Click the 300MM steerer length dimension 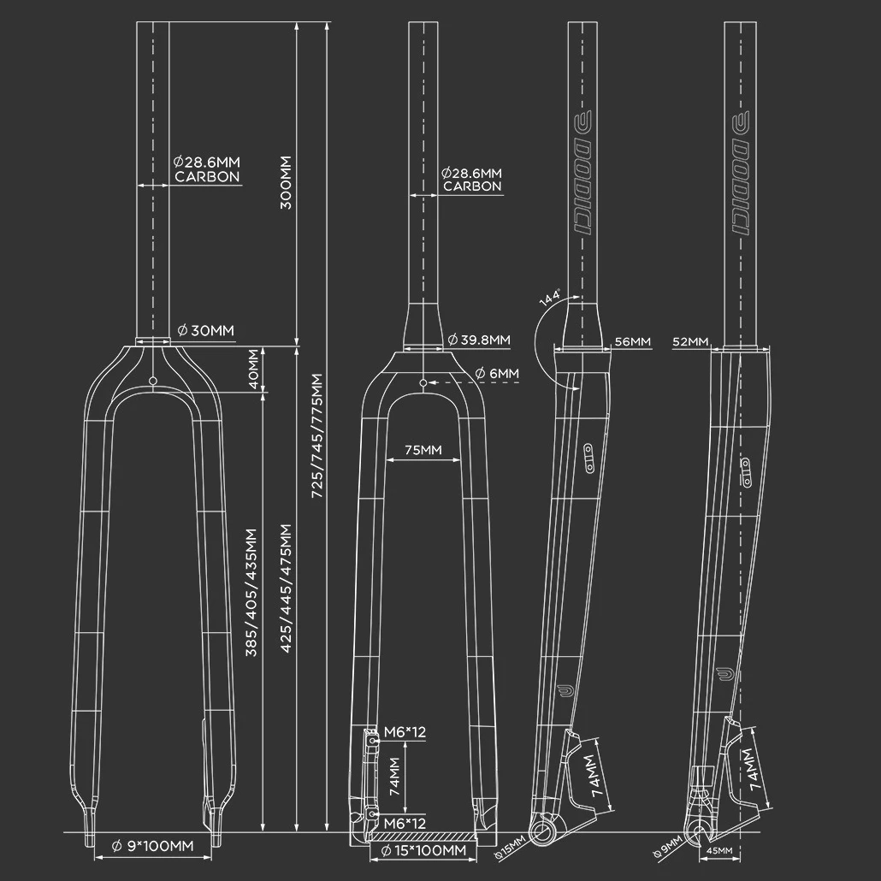click(286, 182)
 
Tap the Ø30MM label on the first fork click(205, 330)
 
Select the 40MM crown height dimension click(253, 370)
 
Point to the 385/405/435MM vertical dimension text click(251, 592)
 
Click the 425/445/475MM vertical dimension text click(286, 588)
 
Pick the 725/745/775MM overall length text click(317, 435)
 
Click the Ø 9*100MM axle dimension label click(153, 846)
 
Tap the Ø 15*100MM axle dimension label click(423, 851)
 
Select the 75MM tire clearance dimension click(423, 450)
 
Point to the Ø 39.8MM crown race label click(479, 340)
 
